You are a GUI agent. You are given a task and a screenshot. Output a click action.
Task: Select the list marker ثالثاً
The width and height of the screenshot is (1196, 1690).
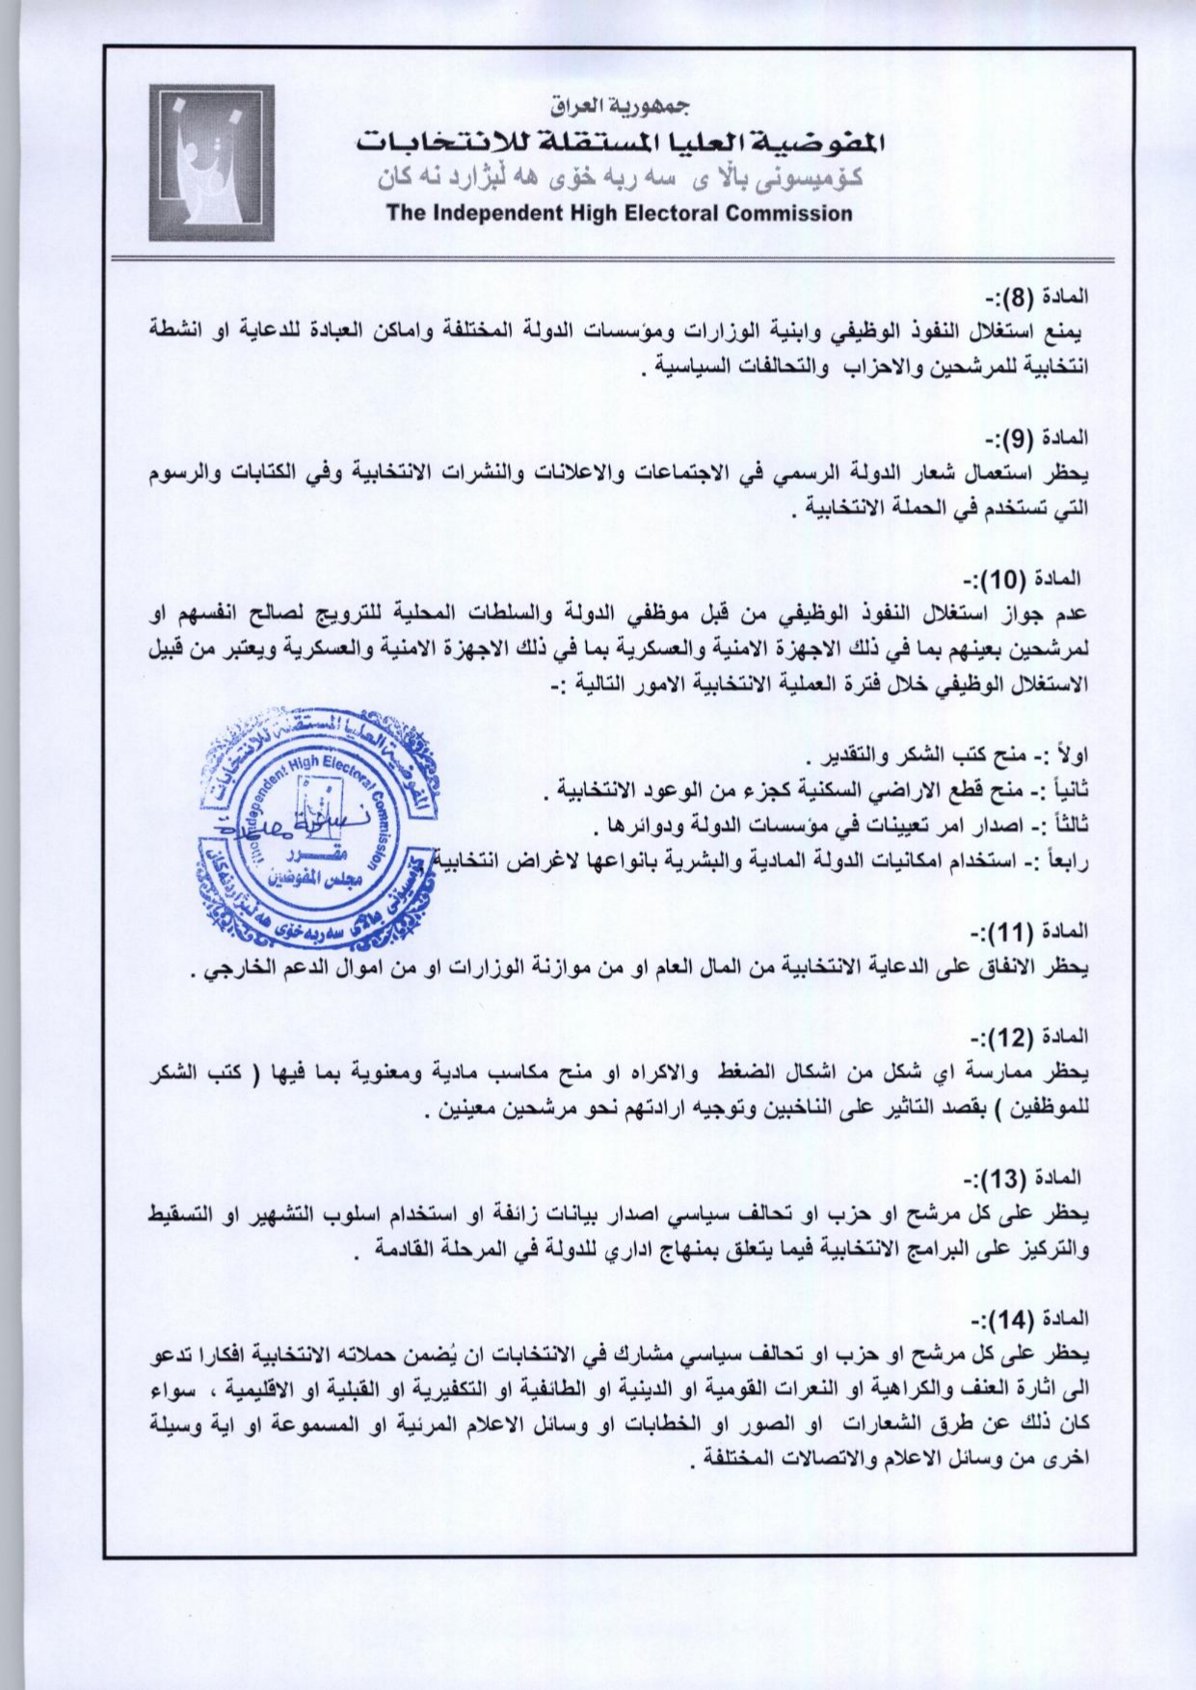tap(1065, 825)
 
